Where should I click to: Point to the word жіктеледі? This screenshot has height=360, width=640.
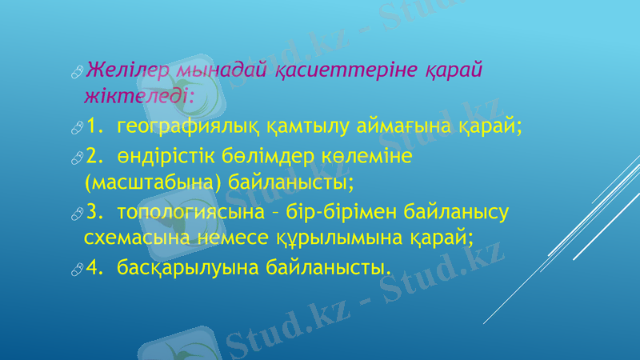pos(138,97)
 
